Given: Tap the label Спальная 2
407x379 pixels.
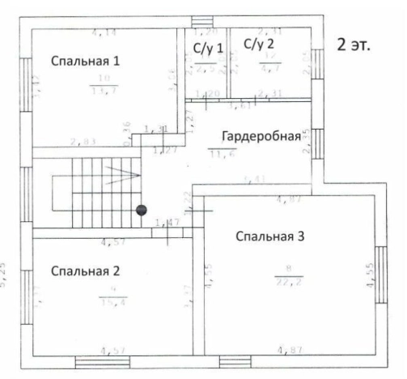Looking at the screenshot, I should point(85,270).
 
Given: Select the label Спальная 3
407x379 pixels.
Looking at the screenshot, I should point(269,236).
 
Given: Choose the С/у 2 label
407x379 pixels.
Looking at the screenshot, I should point(259,44).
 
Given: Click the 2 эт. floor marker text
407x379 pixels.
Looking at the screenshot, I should point(353,45).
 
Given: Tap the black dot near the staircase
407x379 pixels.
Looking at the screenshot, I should point(142,211).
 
